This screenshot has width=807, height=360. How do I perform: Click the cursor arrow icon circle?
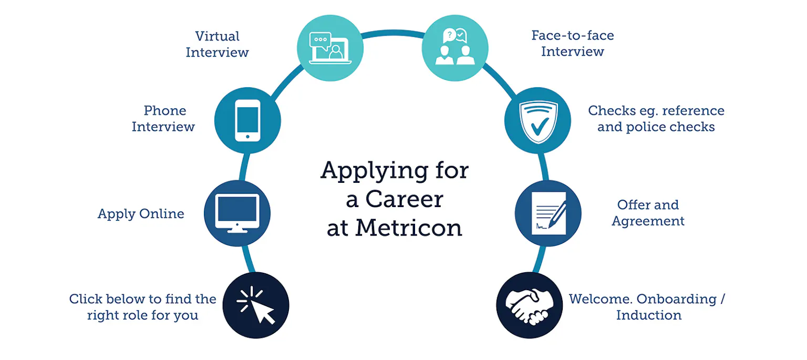256,305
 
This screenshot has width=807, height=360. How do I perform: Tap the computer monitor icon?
237,213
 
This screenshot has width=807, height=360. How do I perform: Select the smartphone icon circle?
247,120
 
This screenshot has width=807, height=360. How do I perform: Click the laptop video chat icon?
330,48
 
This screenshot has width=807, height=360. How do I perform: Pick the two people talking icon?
455,48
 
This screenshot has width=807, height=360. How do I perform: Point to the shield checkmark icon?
537,120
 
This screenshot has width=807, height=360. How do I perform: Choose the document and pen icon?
548,213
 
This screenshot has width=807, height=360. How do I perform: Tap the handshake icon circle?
529,305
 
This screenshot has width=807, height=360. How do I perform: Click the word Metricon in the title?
409,228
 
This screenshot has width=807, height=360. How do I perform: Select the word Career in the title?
404,199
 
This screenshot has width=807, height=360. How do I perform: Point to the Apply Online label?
141,214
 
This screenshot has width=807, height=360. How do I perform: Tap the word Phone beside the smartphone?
165,111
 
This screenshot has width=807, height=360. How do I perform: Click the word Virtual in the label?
218,36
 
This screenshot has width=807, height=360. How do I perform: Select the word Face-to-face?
573,35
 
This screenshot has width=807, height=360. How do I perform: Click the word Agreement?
648,221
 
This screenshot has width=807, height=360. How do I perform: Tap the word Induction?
649,315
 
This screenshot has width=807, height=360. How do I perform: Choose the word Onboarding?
677,299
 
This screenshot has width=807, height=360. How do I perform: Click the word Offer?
632,204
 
